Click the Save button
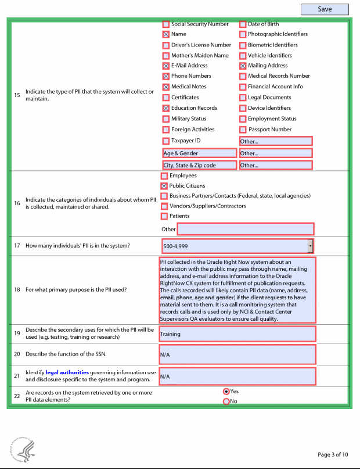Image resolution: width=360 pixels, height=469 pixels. click(325, 9)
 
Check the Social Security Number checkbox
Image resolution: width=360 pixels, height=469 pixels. click(166, 24)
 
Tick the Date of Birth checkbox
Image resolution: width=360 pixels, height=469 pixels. click(243, 24)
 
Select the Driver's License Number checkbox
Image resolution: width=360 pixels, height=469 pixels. click(166, 45)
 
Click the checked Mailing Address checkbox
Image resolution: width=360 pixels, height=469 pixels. click(243, 66)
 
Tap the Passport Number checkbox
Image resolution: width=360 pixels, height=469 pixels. click(243, 130)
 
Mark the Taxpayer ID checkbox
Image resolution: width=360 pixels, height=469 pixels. click(166, 141)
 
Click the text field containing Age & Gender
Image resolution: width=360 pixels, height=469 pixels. click(200, 153)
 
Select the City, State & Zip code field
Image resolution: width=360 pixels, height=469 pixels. click(200, 165)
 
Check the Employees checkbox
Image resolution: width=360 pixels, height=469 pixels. click(164, 176)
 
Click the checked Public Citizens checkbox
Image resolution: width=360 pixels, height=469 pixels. click(164, 186)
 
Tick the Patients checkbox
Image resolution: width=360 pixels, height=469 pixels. click(164, 216)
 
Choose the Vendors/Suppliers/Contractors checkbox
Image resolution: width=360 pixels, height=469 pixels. click(164, 206)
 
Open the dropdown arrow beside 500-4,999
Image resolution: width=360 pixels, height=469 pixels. click(310, 246)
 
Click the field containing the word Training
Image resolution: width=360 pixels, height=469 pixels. click(237, 334)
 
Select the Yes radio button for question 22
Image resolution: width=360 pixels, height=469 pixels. click(226, 392)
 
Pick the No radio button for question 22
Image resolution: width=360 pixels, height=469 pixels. click(226, 401)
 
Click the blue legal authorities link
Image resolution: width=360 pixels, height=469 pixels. click(67, 372)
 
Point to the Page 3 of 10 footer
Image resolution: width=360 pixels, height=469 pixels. click(333, 454)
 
